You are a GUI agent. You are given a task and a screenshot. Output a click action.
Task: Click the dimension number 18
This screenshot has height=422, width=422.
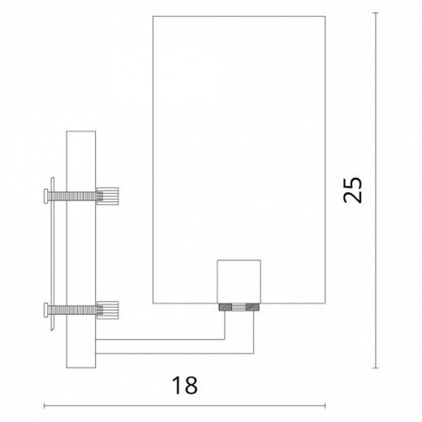point(185,381)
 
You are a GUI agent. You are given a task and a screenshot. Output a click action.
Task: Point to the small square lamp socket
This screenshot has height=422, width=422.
point(239,281)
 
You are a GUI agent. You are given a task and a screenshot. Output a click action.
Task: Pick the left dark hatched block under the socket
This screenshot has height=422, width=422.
point(223,308)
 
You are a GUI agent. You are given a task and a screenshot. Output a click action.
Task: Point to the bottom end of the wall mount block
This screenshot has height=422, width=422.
point(81,366)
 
